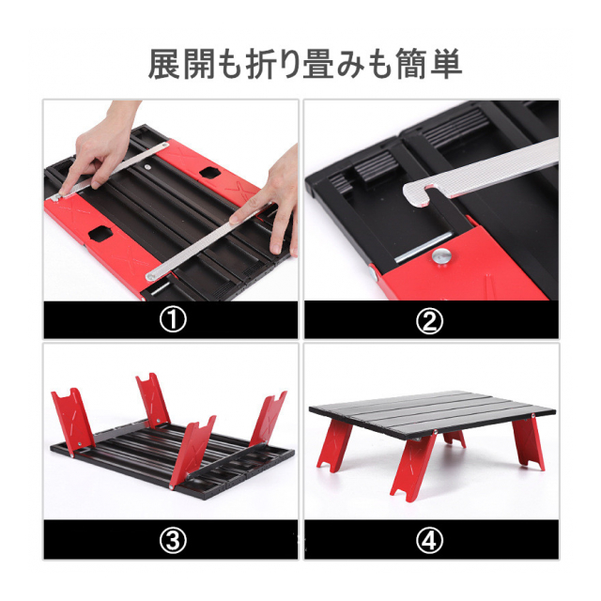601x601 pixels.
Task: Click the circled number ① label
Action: click(x=173, y=320)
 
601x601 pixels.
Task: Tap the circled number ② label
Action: click(x=429, y=320)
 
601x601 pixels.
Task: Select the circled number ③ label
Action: click(x=173, y=540)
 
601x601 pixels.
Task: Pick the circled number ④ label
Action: click(x=429, y=540)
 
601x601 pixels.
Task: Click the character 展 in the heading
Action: click(x=164, y=64)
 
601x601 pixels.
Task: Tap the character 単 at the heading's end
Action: click(x=446, y=64)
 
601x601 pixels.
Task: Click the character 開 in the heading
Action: click(x=198, y=64)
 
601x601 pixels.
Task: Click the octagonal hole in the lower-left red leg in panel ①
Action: click(x=100, y=234)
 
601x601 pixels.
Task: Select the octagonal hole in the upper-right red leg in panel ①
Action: click(x=209, y=173)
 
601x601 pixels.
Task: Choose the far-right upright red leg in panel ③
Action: click(x=269, y=419)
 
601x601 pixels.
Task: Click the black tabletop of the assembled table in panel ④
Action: click(x=432, y=414)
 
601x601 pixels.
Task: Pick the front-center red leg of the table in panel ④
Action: click(x=413, y=465)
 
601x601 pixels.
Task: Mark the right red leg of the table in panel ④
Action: click(x=529, y=442)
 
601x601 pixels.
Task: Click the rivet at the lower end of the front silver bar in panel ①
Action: click(x=151, y=276)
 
